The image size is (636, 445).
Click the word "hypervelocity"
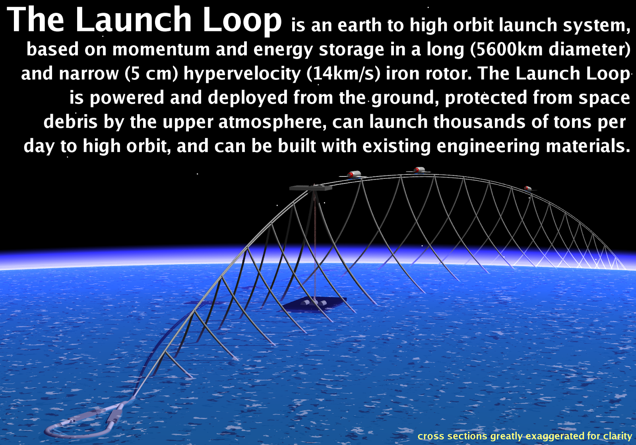pos(242,74)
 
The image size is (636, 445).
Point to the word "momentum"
pos(160,50)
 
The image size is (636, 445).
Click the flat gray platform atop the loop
pos(310,188)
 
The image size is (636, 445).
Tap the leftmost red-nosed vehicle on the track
pos(353,174)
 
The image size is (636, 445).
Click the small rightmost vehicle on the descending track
pos(527,188)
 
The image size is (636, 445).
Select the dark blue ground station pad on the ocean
pos(314,304)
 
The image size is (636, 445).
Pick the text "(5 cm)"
pos(151,74)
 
